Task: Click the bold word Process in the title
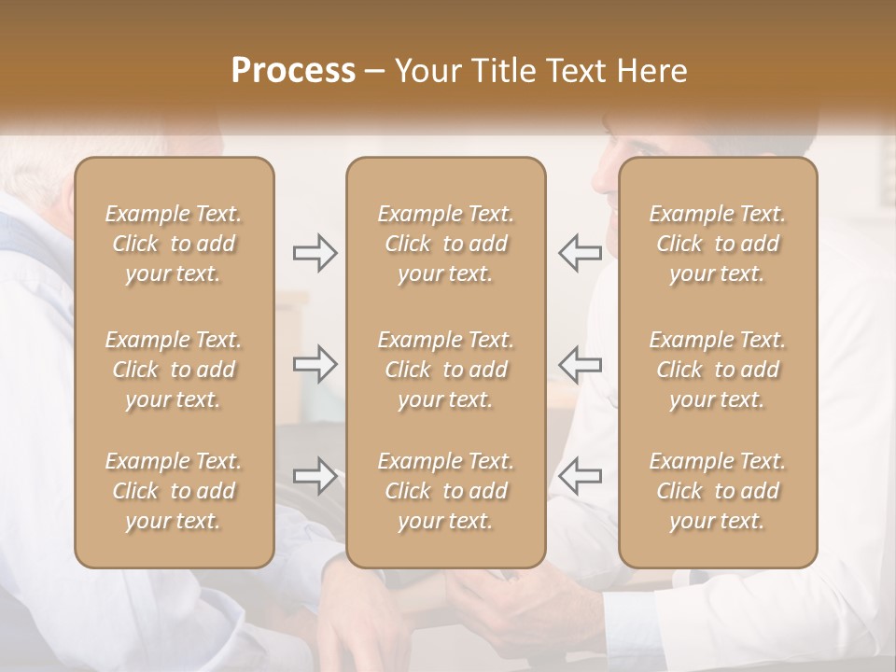click(x=293, y=71)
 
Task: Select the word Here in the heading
click(x=652, y=71)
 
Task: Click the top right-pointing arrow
click(x=315, y=252)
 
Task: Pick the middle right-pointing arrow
click(x=315, y=364)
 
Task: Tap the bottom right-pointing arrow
click(x=315, y=476)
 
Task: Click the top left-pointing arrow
click(x=580, y=252)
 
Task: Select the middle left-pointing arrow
click(x=580, y=364)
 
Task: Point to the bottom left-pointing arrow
click(x=580, y=476)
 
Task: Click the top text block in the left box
click(x=174, y=244)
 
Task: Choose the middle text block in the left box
click(x=174, y=370)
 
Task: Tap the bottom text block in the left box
click(x=174, y=491)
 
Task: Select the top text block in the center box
click(x=445, y=244)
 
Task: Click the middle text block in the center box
click(x=445, y=370)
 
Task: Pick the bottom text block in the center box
click(x=445, y=491)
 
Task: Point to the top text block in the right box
click(x=717, y=244)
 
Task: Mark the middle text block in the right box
click(x=717, y=370)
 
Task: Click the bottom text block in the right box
click(x=717, y=491)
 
